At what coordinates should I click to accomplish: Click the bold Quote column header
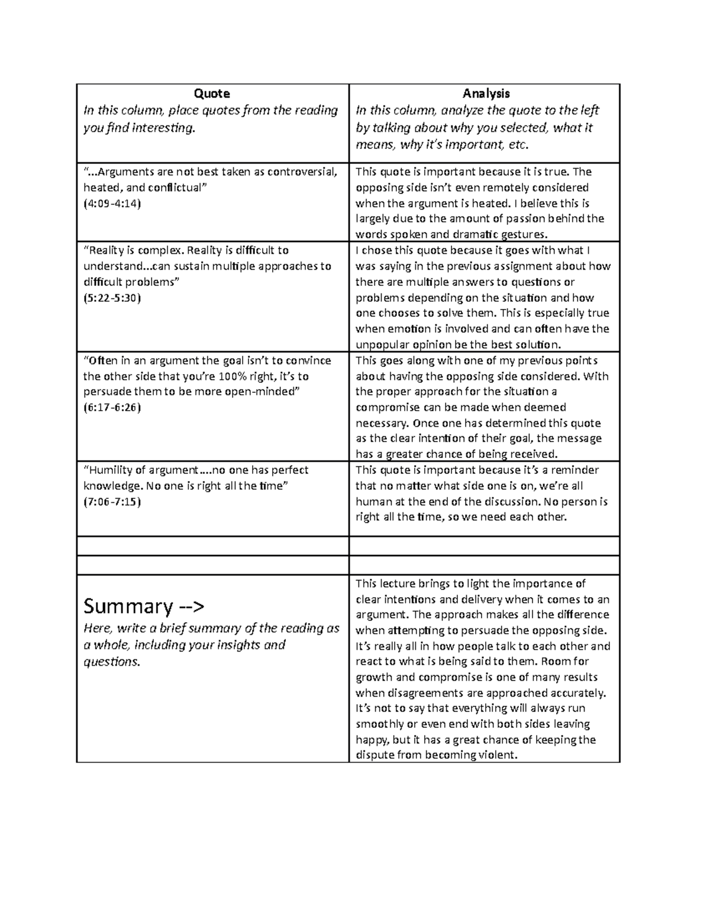pos(212,93)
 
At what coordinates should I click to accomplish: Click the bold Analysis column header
pos(486,93)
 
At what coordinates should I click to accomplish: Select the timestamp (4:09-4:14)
pos(112,204)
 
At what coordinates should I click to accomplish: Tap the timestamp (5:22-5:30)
pos(112,298)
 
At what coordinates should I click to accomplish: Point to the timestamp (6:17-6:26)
pos(112,407)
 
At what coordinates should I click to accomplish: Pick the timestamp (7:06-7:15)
pos(112,502)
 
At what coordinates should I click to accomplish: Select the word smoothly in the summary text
pos(379,724)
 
